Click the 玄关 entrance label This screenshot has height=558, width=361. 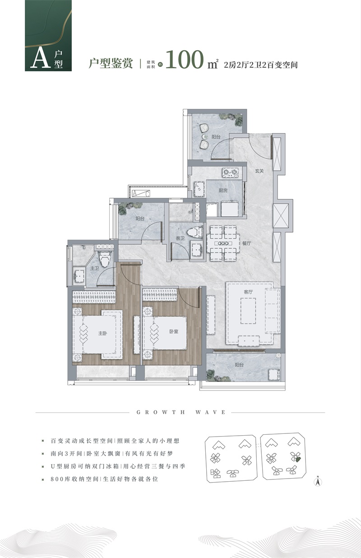[259, 171]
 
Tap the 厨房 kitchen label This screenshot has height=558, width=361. [223, 191]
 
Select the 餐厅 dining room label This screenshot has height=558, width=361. [246, 243]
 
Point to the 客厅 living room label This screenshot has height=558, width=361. [248, 292]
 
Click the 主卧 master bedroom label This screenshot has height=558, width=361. [102, 333]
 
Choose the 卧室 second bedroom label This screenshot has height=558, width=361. [174, 331]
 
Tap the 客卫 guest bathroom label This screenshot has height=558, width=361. [180, 238]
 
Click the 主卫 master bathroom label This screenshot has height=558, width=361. [94, 268]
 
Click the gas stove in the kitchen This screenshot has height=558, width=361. [230, 172]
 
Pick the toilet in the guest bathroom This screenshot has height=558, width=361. [195, 232]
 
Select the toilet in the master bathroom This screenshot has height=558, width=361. [105, 259]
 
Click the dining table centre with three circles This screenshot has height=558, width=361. [223, 243]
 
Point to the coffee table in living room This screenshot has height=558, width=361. [248, 311]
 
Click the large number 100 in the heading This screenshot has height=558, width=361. [185, 60]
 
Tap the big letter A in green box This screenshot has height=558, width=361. [41, 58]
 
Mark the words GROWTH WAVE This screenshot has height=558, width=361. [181, 412]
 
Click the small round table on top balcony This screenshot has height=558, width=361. [205, 136]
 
